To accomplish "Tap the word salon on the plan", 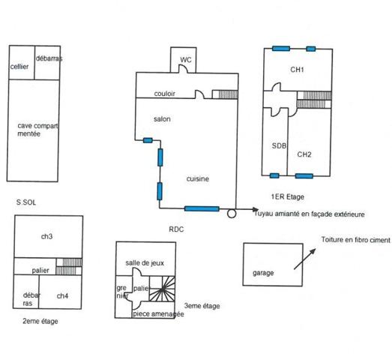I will click(163, 120).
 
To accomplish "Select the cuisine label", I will click(198, 178).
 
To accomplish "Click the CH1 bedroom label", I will click(298, 70).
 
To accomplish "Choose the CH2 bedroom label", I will click(304, 154).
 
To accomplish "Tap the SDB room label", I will click(279, 146).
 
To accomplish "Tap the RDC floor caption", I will click(177, 229).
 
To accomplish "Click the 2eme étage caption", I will click(40, 320).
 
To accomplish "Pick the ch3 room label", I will click(46, 236).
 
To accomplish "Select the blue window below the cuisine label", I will click(202, 208).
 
